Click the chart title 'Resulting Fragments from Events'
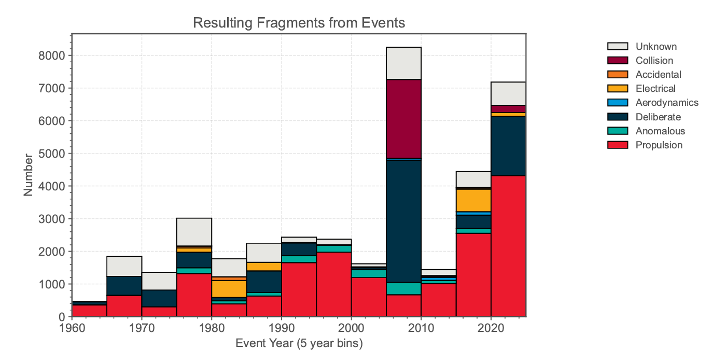click(x=298, y=23)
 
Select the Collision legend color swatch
click(x=618, y=61)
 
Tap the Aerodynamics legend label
click(x=667, y=103)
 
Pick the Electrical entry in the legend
click(x=655, y=89)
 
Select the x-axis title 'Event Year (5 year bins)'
click(x=299, y=344)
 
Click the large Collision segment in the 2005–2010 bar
click(x=403, y=119)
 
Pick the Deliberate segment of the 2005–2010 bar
click(x=403, y=221)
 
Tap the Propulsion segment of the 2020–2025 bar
click(x=508, y=246)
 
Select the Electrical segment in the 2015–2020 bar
click(x=473, y=200)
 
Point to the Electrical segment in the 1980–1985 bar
click(x=229, y=288)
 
